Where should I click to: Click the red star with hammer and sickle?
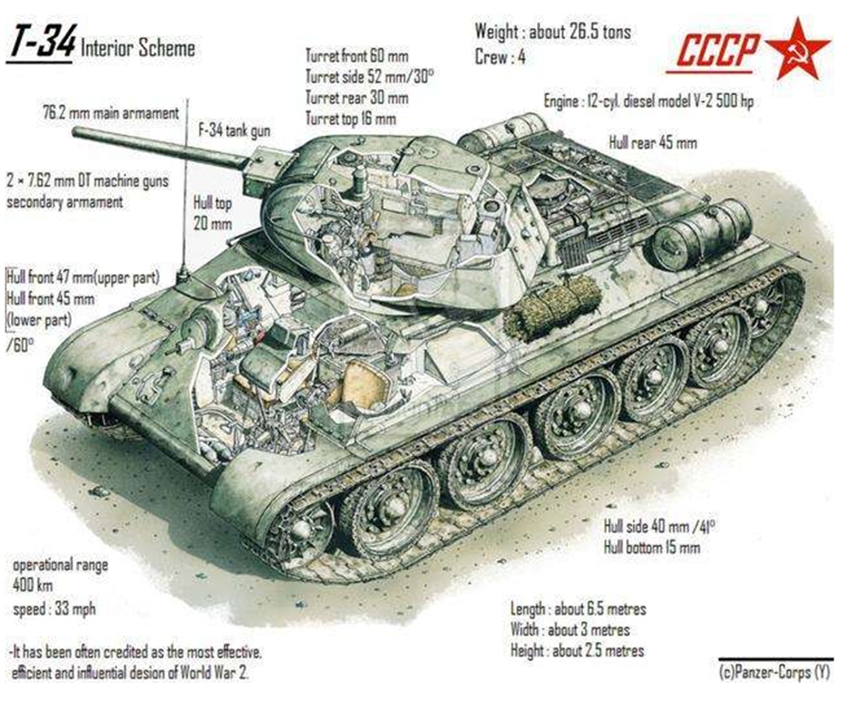[798, 49]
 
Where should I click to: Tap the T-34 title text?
[41, 41]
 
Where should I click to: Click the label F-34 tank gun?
[234, 130]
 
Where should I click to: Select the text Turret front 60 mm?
[357, 56]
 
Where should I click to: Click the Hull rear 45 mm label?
[653, 143]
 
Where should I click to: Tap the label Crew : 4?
[500, 57]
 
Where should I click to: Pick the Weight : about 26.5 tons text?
[553, 32]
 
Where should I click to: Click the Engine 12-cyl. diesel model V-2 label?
[649, 101]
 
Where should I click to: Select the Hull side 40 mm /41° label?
[659, 526]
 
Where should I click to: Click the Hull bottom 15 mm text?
[652, 547]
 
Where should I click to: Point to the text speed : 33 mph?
[55, 610]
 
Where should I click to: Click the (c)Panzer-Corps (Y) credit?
[774, 672]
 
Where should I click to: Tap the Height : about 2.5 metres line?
[577, 651]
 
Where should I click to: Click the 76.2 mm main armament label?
[110, 114]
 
